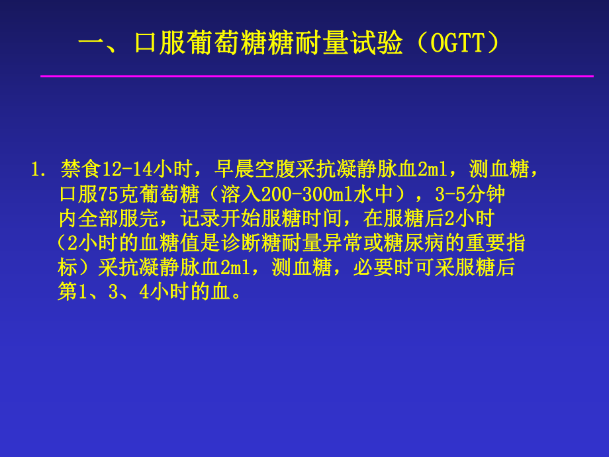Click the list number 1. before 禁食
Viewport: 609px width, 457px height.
[x=38, y=170]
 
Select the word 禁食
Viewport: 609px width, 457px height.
[x=79, y=170]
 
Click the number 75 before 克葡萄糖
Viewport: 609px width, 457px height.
[x=108, y=195]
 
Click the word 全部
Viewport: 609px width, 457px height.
[x=98, y=219]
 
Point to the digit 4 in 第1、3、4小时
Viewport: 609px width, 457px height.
[x=146, y=292]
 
